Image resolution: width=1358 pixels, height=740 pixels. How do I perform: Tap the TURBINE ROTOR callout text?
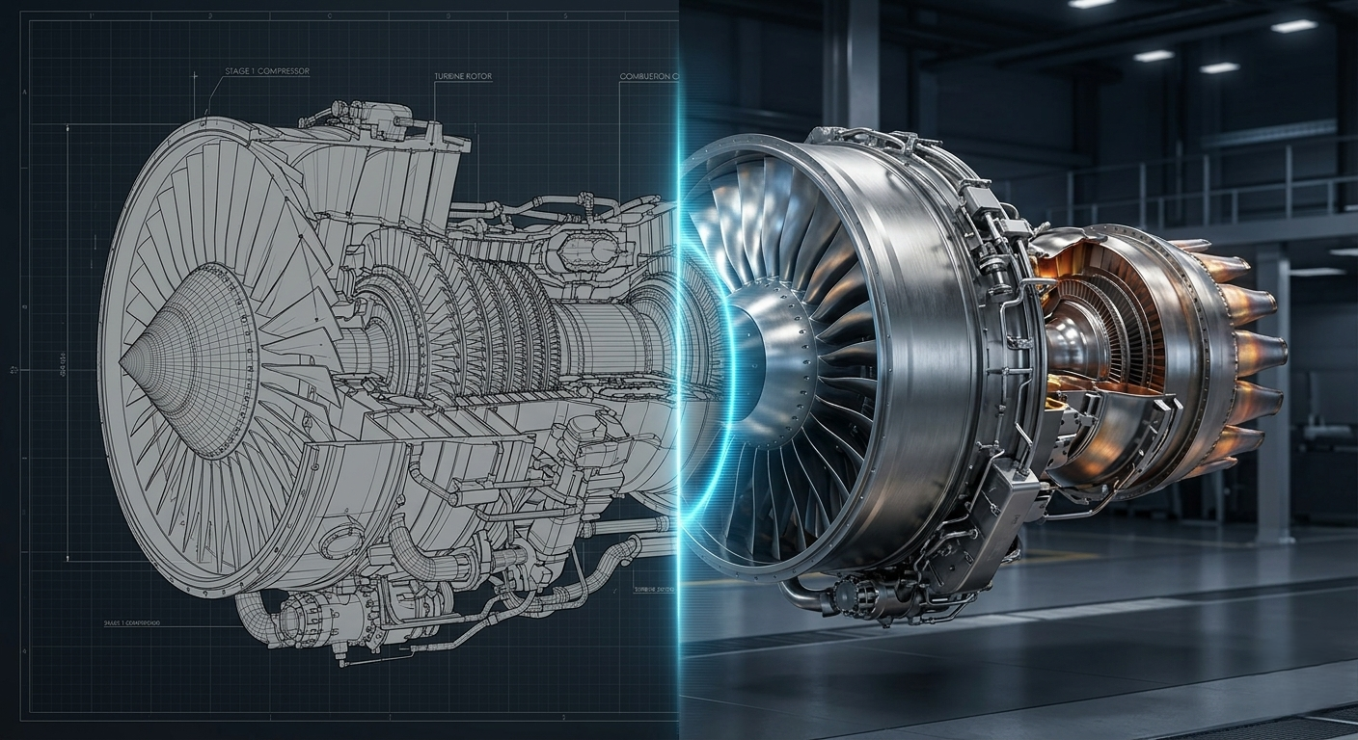pyautogui.click(x=463, y=76)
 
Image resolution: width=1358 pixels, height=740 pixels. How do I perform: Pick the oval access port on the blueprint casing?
pyautogui.click(x=340, y=542)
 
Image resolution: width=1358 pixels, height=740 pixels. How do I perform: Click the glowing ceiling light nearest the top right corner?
pyautogui.click(x=1293, y=26)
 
